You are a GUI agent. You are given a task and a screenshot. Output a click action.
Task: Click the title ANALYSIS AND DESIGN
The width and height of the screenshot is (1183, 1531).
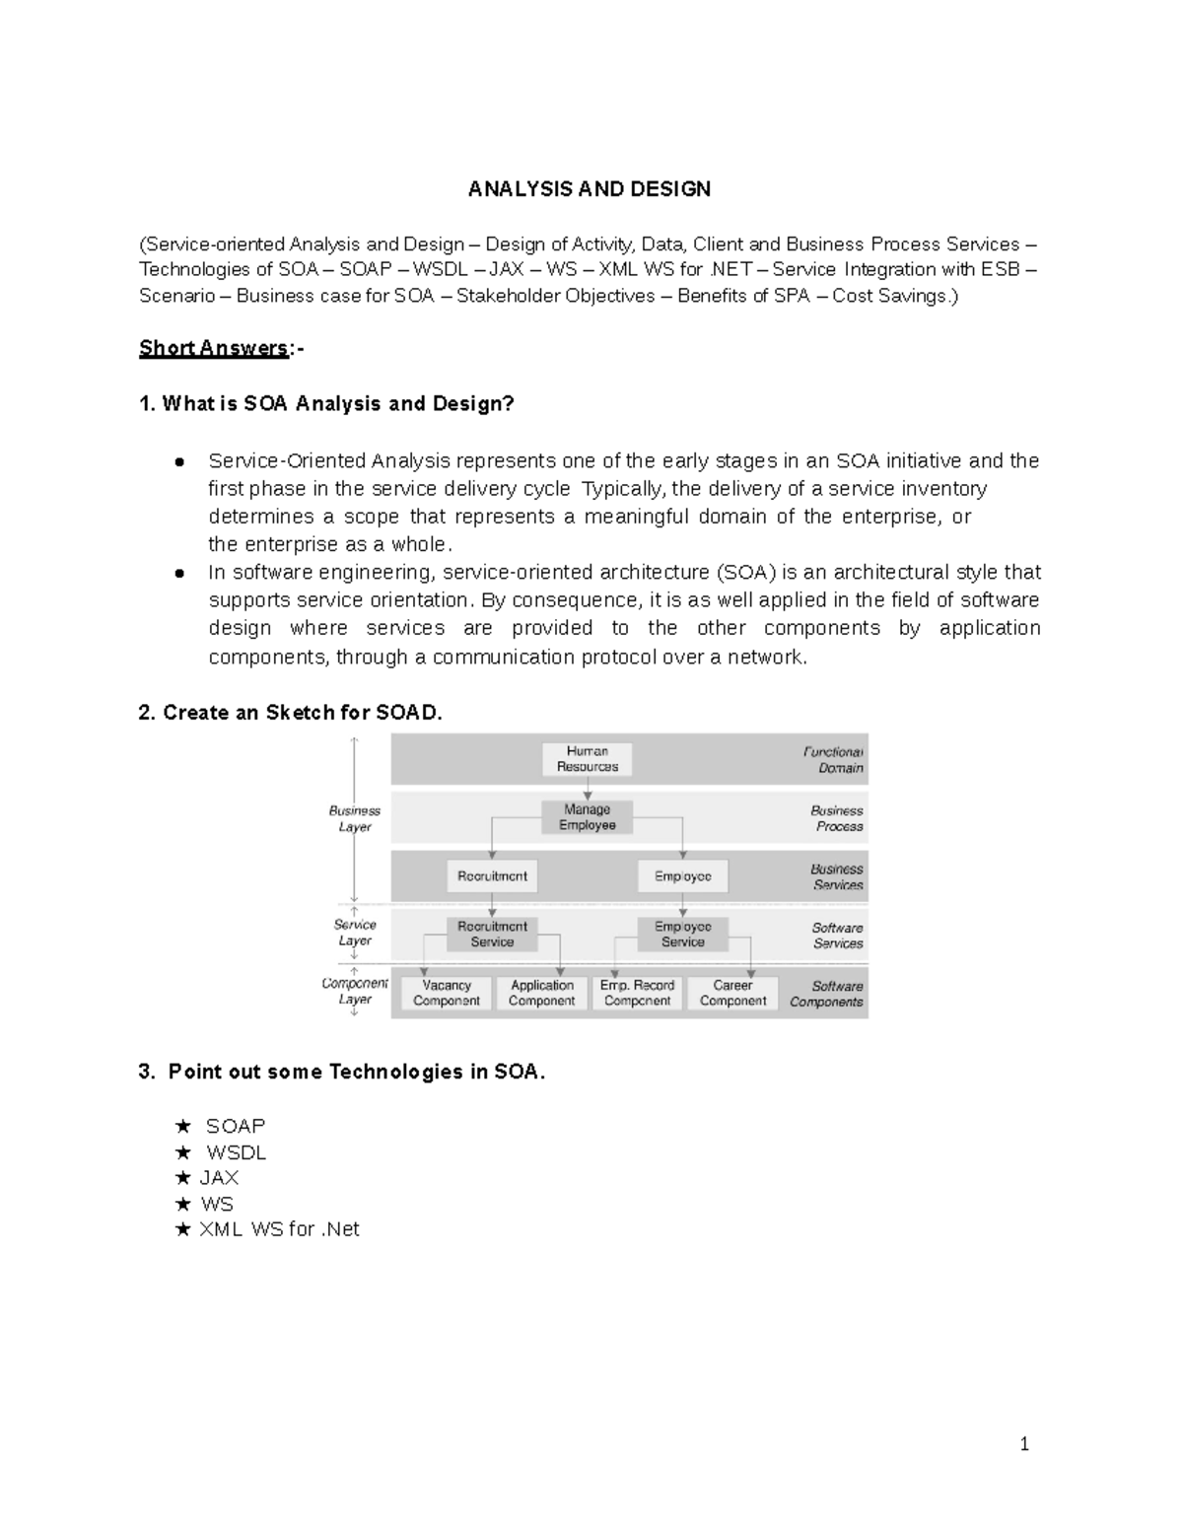pyautogui.click(x=590, y=189)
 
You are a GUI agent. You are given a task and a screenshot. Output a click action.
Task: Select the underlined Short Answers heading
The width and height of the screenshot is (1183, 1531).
pyautogui.click(x=214, y=348)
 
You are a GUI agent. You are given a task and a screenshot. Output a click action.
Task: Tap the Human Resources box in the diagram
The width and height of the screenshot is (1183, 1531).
pyautogui.click(x=588, y=759)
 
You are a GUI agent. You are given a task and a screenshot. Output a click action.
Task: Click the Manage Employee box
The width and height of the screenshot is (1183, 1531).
pyautogui.click(x=588, y=817)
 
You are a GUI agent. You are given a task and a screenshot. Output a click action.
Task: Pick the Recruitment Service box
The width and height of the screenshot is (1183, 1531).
pyautogui.click(x=492, y=935)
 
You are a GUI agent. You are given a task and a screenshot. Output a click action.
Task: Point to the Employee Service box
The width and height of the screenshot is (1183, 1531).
pyautogui.click(x=682, y=935)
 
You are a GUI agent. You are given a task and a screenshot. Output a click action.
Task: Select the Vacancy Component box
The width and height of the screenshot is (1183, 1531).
pyautogui.click(x=447, y=993)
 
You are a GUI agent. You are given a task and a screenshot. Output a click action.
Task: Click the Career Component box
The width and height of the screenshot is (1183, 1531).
pyautogui.click(x=732, y=993)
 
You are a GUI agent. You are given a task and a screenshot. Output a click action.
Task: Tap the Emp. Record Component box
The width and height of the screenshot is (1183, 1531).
pyautogui.click(x=637, y=993)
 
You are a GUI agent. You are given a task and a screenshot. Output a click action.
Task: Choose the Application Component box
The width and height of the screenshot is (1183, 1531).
pyautogui.click(x=541, y=993)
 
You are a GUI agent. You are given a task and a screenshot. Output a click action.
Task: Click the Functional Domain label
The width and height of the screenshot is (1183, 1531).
pyautogui.click(x=834, y=760)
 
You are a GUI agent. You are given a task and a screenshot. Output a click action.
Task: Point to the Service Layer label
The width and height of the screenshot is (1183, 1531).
pyautogui.click(x=355, y=933)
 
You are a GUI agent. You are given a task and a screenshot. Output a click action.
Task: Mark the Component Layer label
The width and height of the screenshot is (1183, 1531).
pyautogui.click(x=355, y=991)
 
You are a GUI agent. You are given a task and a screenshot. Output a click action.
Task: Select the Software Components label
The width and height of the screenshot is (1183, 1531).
pyautogui.click(x=827, y=994)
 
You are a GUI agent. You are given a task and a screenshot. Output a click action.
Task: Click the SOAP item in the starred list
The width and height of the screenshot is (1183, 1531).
pyautogui.click(x=236, y=1126)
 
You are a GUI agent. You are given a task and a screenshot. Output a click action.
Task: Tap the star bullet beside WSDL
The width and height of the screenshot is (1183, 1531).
pyautogui.click(x=182, y=1152)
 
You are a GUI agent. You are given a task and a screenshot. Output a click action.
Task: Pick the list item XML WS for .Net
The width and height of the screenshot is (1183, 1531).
pyautogui.click(x=279, y=1229)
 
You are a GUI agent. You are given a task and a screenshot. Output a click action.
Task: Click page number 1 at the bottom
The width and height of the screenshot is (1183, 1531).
pyautogui.click(x=1024, y=1445)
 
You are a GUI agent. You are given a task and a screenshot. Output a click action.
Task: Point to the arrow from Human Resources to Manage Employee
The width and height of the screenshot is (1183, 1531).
pyautogui.click(x=588, y=789)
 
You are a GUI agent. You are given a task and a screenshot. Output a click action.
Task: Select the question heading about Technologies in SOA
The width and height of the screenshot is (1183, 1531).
pyautogui.click(x=342, y=1072)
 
